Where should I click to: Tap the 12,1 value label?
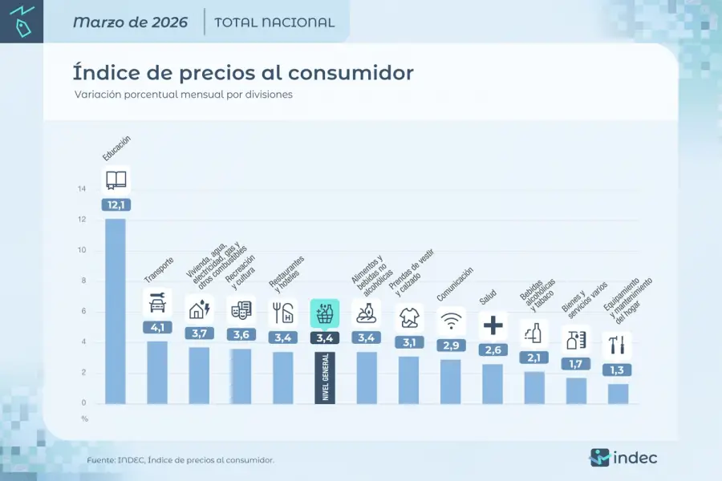click(x=116, y=204)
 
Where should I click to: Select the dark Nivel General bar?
click(x=325, y=377)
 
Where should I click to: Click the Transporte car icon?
click(x=157, y=302)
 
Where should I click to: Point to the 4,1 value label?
click(x=157, y=327)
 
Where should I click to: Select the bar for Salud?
click(x=493, y=384)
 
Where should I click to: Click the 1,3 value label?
click(x=618, y=370)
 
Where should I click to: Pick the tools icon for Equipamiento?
click(x=618, y=346)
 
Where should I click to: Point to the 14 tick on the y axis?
click(x=82, y=189)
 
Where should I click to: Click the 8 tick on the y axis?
click(x=82, y=281)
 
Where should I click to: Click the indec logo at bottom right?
click(x=623, y=458)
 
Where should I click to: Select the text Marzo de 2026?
click(x=130, y=22)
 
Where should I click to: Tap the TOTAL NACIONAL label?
click(x=274, y=22)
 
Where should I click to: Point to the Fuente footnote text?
click(x=180, y=460)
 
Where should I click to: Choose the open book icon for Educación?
click(x=116, y=180)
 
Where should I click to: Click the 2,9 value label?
click(x=451, y=345)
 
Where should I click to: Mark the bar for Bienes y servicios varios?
click(x=576, y=390)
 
